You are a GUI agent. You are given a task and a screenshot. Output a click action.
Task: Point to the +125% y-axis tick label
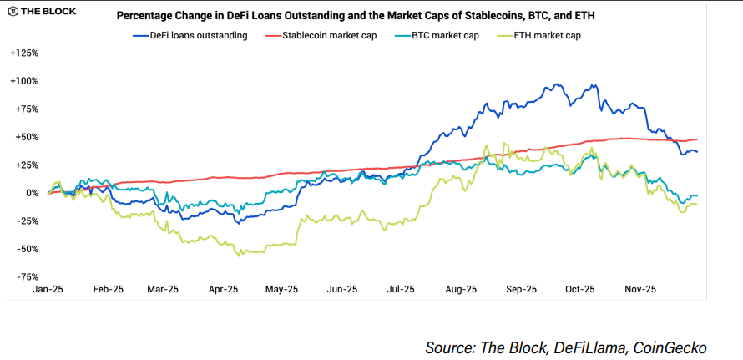pyautogui.click(x=24, y=53)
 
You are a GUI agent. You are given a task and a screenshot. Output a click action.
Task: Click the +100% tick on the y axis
pyautogui.click(x=24, y=81)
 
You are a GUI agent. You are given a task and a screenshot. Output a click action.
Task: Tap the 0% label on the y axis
pyautogui.click(x=31, y=193)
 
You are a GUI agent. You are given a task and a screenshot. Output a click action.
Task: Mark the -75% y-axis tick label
pyautogui.click(x=28, y=276)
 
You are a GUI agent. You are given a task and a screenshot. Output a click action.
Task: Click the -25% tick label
pyautogui.click(x=28, y=221)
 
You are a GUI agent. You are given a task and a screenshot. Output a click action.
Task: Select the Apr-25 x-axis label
pyautogui.click(x=223, y=290)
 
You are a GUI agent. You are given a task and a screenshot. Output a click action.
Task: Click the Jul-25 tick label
pyautogui.click(x=400, y=290)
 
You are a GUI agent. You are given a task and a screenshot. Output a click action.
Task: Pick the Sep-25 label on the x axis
pyautogui.click(x=521, y=290)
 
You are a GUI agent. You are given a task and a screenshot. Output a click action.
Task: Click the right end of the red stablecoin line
pyautogui.click(x=697, y=139)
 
